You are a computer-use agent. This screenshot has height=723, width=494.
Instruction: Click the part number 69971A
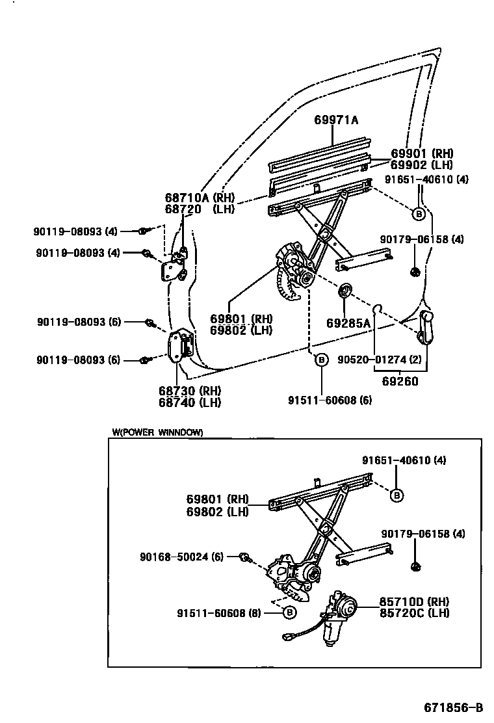pyautogui.click(x=336, y=120)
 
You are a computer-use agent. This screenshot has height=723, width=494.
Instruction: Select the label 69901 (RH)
pyautogui.click(x=421, y=154)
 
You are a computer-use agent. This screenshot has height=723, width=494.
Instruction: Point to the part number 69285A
pyautogui.click(x=348, y=323)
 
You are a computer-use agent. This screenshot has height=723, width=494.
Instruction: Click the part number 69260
pyautogui.click(x=400, y=382)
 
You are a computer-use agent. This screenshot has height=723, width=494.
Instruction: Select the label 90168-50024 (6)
pyautogui.click(x=181, y=557)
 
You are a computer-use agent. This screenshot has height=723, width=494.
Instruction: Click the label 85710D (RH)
pyautogui.click(x=414, y=601)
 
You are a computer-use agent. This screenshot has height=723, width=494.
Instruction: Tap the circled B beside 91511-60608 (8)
pyautogui.click(x=290, y=612)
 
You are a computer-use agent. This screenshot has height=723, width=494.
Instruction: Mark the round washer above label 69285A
pyautogui.click(x=344, y=290)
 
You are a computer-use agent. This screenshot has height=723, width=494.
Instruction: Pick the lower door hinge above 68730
pyautogui.click(x=179, y=348)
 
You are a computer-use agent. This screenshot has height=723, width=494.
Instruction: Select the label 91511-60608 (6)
pyautogui.click(x=330, y=401)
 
